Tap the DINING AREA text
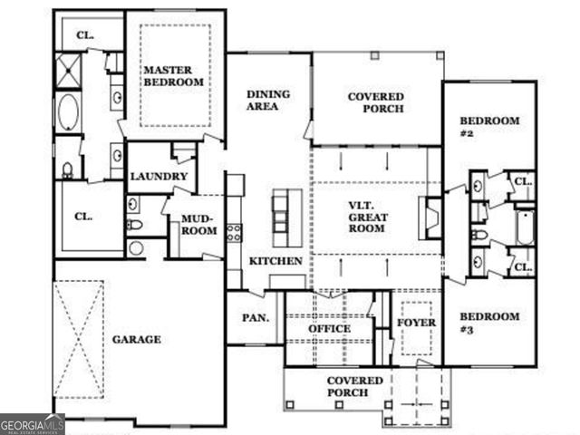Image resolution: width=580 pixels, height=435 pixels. (x=267, y=99)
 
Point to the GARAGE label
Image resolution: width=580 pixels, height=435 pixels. (x=136, y=340)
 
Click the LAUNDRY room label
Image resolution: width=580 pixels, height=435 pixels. (x=159, y=177)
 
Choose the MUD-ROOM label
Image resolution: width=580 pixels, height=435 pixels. (x=198, y=225)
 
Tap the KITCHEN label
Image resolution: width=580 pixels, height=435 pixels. (x=275, y=261)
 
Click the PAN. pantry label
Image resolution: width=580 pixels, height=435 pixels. (x=253, y=318)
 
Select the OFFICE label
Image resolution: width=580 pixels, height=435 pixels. (x=329, y=328)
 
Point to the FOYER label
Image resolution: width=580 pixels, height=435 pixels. (x=417, y=323)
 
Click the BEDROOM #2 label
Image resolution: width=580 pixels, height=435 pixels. (x=489, y=127)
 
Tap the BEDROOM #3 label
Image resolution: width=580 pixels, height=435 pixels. (x=489, y=323)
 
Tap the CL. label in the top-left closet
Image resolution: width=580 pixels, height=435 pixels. (x=85, y=35)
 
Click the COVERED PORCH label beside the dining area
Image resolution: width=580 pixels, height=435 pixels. (x=376, y=102)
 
